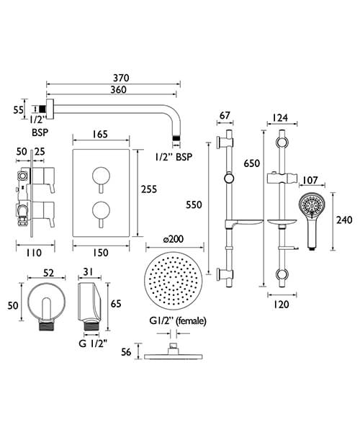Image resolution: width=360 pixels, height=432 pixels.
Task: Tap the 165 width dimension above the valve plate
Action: click(x=102, y=135)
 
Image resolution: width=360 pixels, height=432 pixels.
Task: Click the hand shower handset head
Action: click(x=312, y=208)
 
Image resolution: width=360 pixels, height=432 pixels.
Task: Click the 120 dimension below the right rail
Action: click(x=282, y=304)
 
